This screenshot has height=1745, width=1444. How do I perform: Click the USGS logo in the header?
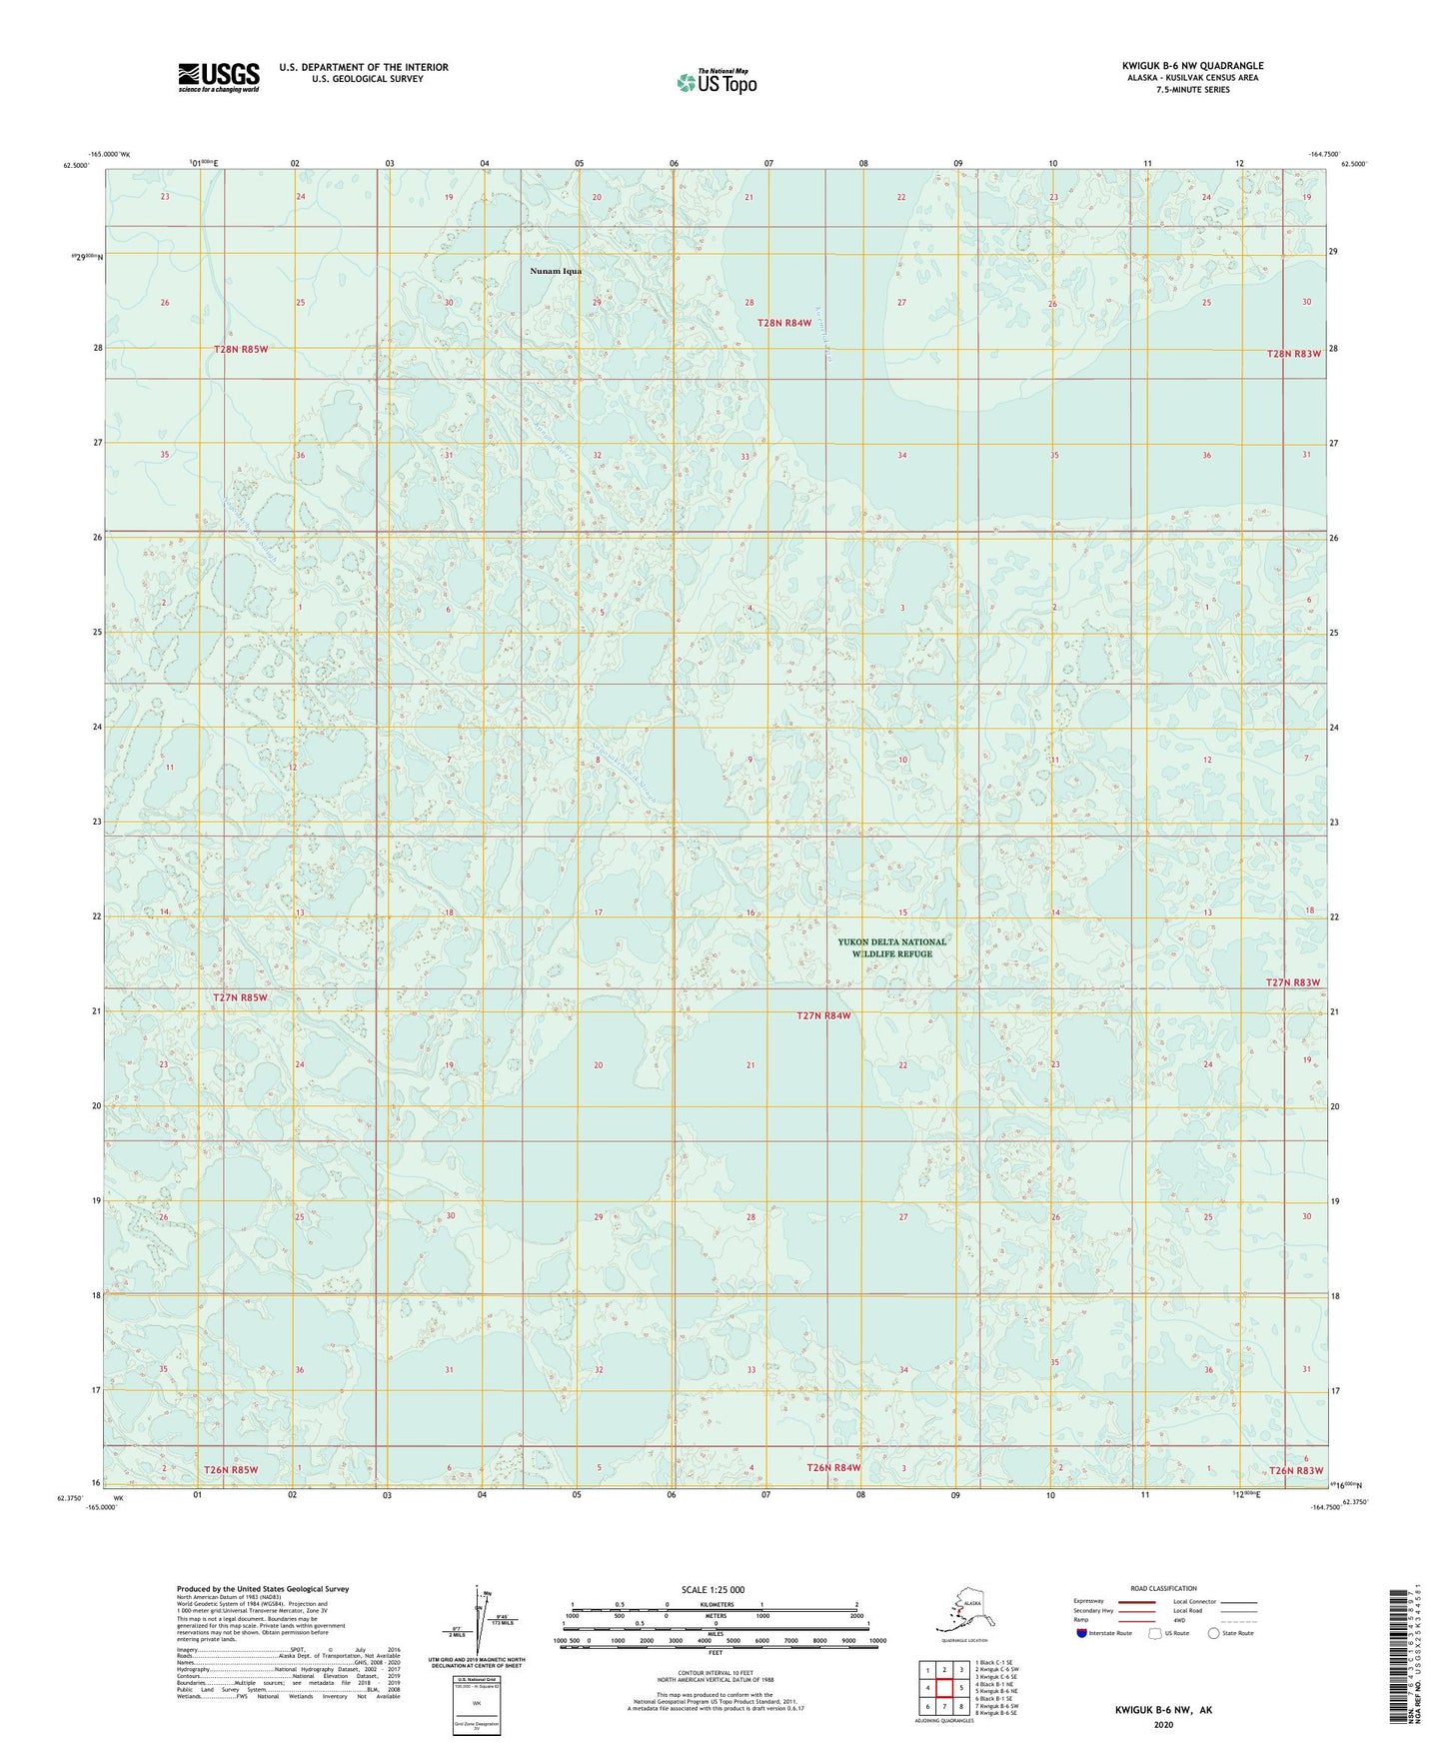[218, 77]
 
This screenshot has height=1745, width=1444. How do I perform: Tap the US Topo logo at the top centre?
[716, 82]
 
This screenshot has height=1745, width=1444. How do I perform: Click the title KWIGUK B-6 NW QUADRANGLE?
[1191, 66]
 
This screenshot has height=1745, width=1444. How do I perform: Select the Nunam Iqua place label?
[556, 271]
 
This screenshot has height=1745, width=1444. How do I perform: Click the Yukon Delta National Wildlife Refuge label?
[891, 947]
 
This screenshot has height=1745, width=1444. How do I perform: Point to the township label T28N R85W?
[241, 349]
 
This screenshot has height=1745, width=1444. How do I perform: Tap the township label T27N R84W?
[823, 1015]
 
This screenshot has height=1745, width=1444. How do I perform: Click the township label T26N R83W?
[1296, 1470]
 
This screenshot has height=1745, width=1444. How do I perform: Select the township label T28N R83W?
[1293, 354]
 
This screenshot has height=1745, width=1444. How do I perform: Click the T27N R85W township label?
[240, 997]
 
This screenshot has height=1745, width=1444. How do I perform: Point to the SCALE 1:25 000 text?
[714, 1589]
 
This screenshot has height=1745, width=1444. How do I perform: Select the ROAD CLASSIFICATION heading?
[1163, 1588]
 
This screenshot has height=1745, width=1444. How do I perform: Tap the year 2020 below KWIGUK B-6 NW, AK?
[1163, 1724]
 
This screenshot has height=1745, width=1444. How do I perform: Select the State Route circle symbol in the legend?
[1214, 1633]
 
